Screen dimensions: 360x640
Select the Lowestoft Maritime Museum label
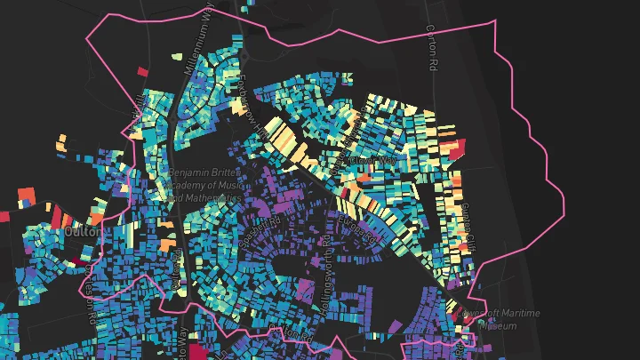(x=508, y=319)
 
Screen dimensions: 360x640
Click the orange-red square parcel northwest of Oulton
(x=27, y=195)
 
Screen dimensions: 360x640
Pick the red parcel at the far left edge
(x=4, y=215)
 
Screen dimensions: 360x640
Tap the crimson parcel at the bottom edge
(x=196, y=354)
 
